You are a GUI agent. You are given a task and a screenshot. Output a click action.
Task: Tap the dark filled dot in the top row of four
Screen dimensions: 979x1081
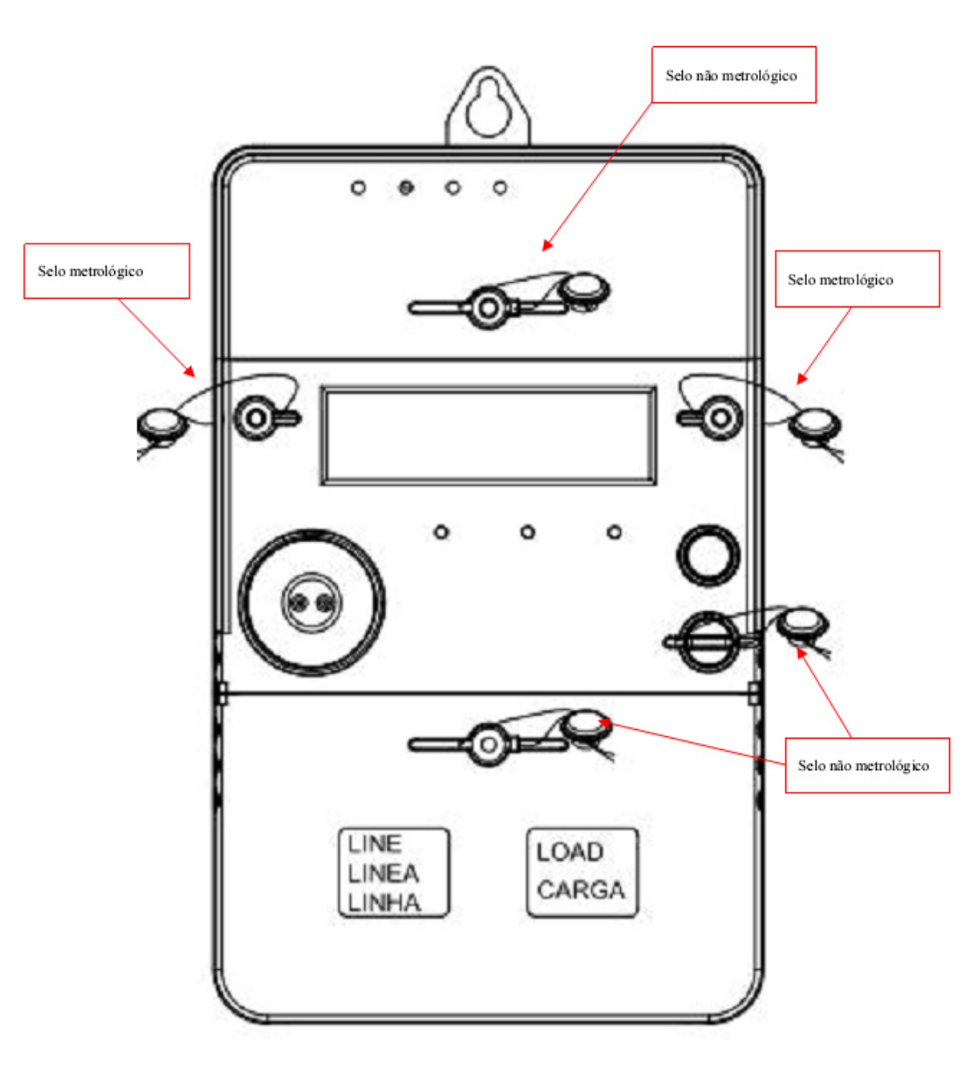coord(406,188)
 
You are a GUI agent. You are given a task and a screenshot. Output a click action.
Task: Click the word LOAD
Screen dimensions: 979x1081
coord(569,852)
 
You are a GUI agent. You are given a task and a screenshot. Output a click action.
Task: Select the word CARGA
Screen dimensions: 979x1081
coord(581,890)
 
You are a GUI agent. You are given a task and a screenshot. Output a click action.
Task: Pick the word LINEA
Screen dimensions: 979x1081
coord(383,873)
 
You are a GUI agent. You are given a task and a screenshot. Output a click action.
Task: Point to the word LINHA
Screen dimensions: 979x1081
coord(384,903)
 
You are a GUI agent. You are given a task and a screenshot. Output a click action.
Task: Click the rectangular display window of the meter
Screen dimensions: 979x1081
coord(488,436)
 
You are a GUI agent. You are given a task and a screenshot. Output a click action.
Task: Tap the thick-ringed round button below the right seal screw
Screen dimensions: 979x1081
coord(708,555)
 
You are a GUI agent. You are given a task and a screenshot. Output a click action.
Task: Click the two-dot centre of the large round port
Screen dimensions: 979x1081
coord(311,603)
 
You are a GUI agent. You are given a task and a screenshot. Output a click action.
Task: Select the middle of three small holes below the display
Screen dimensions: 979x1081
coord(527,533)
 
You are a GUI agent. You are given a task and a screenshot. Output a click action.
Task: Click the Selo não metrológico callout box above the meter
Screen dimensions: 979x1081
coord(734,75)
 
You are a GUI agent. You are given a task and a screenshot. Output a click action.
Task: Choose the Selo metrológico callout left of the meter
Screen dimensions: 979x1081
coord(107,271)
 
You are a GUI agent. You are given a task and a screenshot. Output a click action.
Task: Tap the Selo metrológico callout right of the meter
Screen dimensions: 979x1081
coord(857,279)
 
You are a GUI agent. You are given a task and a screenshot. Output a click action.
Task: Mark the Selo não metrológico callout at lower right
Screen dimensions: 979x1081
coord(867,765)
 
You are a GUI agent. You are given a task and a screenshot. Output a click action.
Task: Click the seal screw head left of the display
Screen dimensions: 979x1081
coord(256,417)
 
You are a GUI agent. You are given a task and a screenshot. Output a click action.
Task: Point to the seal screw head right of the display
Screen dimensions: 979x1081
coord(720,417)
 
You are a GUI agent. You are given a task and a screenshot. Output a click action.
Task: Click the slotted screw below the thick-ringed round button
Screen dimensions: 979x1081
coord(708,642)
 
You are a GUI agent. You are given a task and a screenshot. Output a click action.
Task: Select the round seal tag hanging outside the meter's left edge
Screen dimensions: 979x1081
coord(162,423)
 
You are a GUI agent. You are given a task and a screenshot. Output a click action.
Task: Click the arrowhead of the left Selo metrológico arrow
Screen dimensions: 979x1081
coord(190,372)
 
